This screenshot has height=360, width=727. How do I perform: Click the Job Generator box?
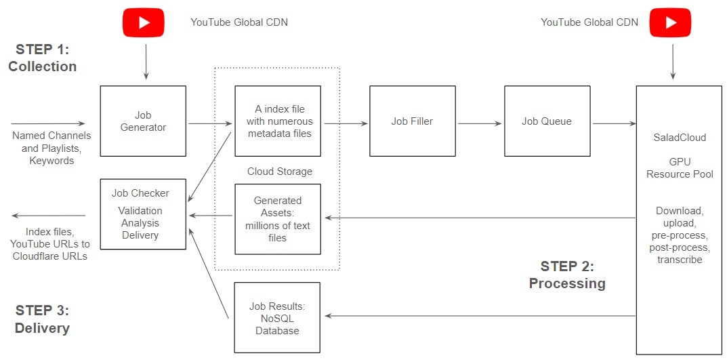click(143, 121)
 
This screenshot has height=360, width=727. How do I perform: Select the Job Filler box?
click(412, 121)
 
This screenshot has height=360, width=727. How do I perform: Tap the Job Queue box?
click(547, 121)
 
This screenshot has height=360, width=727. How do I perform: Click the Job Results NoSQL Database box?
click(278, 318)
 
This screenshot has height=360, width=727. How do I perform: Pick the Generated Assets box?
click(278, 219)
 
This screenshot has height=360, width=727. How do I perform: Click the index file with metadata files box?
click(278, 121)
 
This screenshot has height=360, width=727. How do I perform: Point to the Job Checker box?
click(143, 214)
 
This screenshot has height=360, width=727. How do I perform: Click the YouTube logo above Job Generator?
click(143, 22)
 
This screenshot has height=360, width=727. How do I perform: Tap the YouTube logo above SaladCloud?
click(670, 22)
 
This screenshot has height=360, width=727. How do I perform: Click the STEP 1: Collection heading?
click(43, 58)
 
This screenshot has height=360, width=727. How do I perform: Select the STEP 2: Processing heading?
click(567, 275)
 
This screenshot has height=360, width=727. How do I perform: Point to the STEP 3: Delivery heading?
click(42, 319)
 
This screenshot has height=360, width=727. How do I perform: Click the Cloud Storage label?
click(280, 171)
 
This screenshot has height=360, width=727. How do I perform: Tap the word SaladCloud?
click(680, 138)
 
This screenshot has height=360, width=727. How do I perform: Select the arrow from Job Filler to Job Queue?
click(480, 124)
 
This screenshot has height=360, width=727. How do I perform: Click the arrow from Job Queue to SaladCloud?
click(615, 124)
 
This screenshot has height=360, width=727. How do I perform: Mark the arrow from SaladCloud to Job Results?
click(480, 316)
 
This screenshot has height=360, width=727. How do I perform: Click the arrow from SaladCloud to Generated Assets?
click(480, 218)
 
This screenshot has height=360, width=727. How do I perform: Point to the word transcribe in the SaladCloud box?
click(680, 260)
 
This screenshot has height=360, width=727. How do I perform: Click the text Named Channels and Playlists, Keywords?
click(51, 148)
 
